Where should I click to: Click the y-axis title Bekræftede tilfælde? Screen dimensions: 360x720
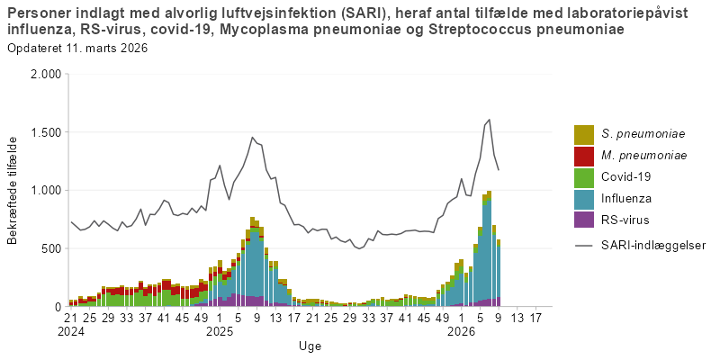click(13, 190)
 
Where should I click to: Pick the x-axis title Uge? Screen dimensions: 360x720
click(310, 346)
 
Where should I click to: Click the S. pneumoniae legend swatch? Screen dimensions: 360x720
click(584, 134)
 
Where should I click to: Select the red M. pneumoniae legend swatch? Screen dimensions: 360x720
click(584, 156)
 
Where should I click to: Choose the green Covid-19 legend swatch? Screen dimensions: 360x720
click(584, 177)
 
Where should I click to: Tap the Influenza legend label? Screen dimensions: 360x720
click(627, 198)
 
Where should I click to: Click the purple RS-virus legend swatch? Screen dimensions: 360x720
click(584, 220)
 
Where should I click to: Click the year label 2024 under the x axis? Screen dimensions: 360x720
click(70, 331)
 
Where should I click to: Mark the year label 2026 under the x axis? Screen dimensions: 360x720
click(462, 331)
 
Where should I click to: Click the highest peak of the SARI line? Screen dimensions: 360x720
click(489, 120)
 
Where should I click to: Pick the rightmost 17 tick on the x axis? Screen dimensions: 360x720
click(536, 318)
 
